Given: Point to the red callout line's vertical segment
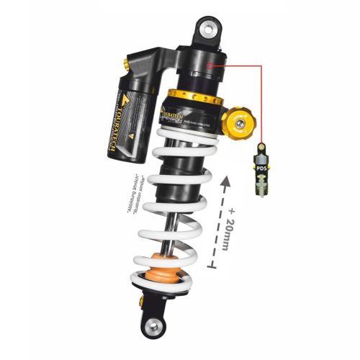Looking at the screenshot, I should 262,108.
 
